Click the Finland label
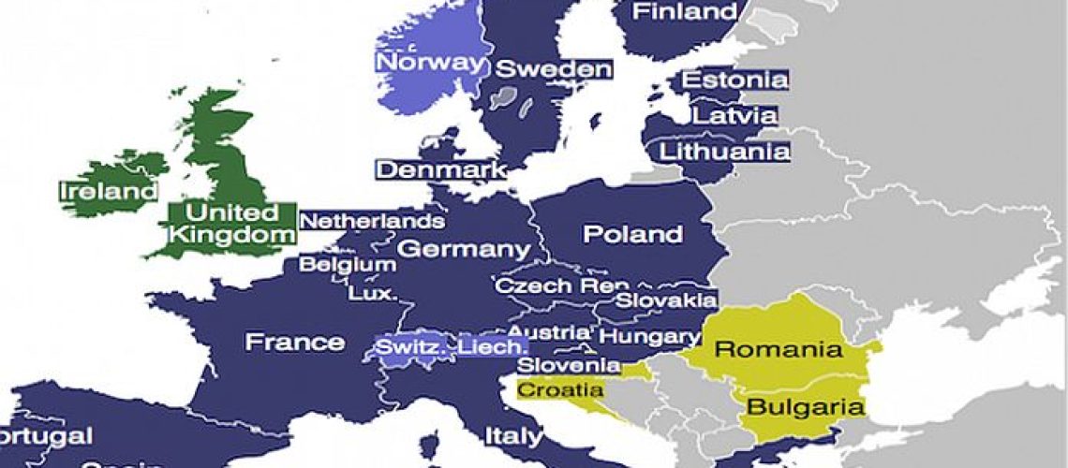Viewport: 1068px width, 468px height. [686, 12]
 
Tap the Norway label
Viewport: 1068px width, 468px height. [432, 64]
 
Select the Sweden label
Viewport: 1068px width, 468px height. [553, 68]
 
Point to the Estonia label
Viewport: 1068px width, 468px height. [734, 80]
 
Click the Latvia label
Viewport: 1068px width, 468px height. [734, 116]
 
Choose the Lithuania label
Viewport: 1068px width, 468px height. [724, 151]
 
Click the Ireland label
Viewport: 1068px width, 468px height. [108, 192]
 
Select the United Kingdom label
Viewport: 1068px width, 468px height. [230, 224]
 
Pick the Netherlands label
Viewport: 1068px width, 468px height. [372, 222]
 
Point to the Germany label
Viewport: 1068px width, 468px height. [464, 250]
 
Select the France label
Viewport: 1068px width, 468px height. [294, 342]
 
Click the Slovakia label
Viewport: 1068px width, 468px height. [667, 300]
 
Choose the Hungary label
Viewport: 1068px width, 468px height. [649, 335]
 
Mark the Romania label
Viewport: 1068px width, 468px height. [777, 351]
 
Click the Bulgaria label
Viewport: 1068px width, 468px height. [804, 407]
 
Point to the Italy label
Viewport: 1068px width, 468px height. [512, 436]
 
